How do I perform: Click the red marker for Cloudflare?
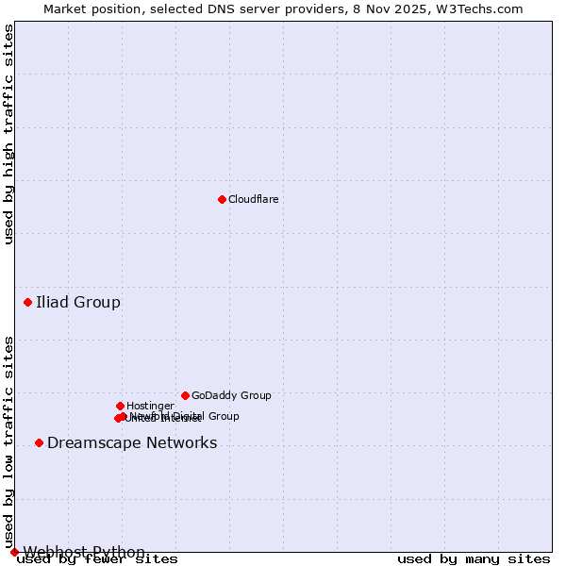pos(222,199)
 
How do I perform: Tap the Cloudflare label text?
pos(253,199)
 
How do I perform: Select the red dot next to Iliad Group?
pos(28,303)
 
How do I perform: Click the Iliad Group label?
pos(78,303)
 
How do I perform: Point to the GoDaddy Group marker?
pos(185,395)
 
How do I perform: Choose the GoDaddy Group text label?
pos(231,395)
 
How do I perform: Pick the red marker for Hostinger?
pos(120,406)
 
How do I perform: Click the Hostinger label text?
pos(150,406)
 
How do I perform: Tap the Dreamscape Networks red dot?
pos(39,443)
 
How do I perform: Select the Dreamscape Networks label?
pos(132,443)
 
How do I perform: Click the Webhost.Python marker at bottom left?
pos(14,552)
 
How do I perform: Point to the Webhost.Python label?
pos(84,552)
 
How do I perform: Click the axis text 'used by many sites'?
pos(474,559)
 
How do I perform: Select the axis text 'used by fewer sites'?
pos(97,559)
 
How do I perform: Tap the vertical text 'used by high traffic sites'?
pos(8,134)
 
